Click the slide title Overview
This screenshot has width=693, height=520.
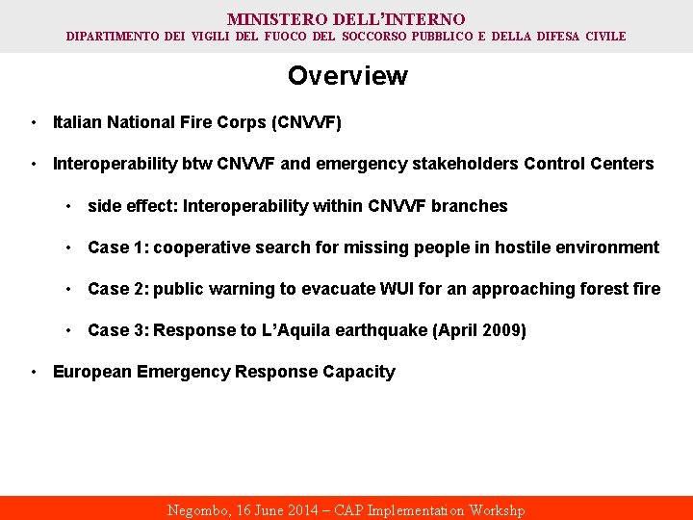tap(346, 76)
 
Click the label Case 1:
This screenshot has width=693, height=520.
tap(117, 247)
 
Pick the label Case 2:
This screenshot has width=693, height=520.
tap(117, 289)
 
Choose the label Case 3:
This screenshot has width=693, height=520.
tap(117, 330)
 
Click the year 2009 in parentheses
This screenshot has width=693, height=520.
tap(500, 330)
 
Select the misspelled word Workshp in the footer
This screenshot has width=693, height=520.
tap(497, 510)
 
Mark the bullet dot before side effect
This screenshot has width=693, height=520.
tap(69, 206)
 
